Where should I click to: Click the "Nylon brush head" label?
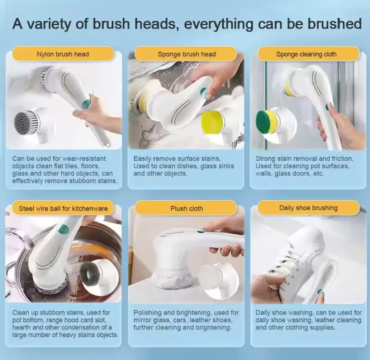(63, 54)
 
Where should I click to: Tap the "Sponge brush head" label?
(187, 54)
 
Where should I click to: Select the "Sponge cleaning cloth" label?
(306, 54)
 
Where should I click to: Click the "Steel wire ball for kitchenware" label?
(63, 208)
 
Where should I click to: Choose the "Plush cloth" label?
(187, 208)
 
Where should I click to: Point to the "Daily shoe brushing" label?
(308, 208)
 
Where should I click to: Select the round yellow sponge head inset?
(212, 123)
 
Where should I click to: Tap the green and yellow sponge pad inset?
(267, 122)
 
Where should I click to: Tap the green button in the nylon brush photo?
(87, 103)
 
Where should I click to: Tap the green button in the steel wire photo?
(63, 229)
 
